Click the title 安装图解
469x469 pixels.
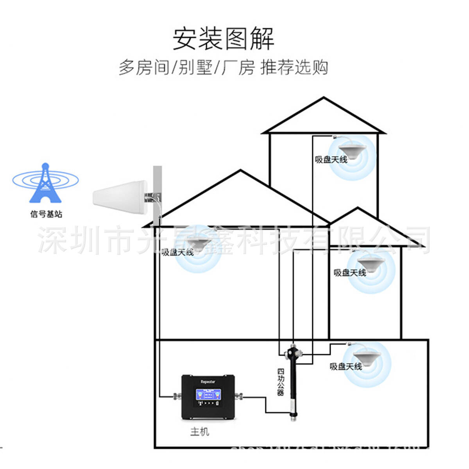[224, 38]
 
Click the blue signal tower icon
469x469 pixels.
[46, 183]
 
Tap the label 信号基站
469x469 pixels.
[46, 214]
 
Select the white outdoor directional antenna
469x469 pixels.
[119, 198]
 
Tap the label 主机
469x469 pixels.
[200, 431]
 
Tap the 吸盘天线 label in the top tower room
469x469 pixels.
[331, 159]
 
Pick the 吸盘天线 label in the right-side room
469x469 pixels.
[349, 272]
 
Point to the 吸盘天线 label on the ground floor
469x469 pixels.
[346, 366]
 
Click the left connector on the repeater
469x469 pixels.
[176, 397]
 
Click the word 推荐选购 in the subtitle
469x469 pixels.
[294, 67]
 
